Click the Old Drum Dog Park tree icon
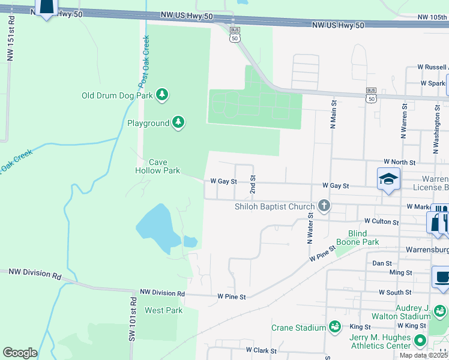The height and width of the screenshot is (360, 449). click(162, 95)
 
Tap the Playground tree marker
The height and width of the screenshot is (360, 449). click(178, 123)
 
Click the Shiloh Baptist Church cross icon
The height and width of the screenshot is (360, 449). click(324, 206)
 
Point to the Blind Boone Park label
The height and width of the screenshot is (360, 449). click(364, 238)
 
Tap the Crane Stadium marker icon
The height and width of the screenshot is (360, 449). click(334, 327)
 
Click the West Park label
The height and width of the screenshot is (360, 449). click(163, 310)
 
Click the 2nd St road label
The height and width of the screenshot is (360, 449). click(253, 184)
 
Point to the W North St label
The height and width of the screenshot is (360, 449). click(400, 163)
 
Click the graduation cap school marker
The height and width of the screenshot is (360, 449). click(388, 179)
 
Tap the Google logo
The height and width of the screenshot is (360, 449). click(20, 353)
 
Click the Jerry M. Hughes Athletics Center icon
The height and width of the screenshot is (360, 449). click(420, 341)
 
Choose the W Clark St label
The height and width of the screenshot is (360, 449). click(260, 349)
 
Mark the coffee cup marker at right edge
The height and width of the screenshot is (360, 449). click(441, 277)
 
